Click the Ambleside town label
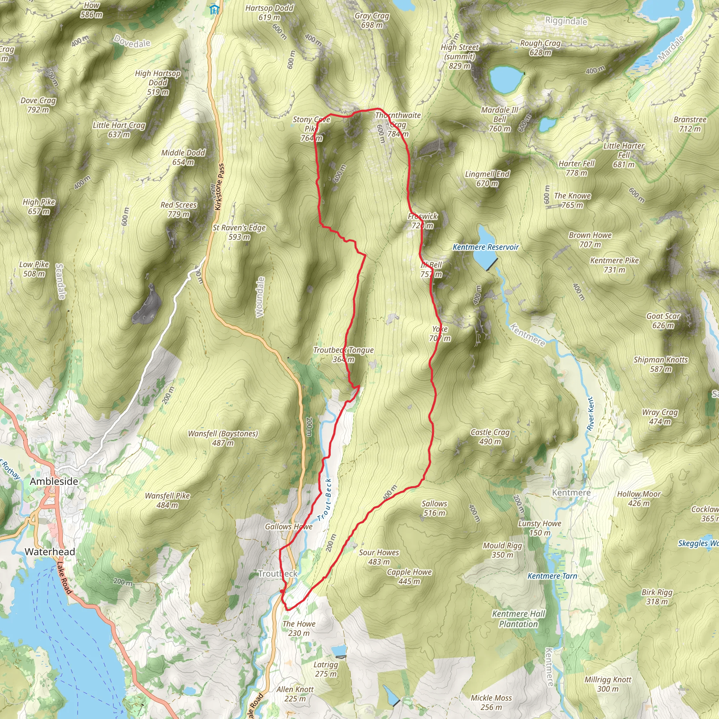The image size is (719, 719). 54,481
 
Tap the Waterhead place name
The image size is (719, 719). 50,552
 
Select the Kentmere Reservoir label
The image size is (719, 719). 485,247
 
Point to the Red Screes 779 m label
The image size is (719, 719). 178,210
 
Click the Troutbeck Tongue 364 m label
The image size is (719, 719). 343,354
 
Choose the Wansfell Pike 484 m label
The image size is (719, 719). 167,500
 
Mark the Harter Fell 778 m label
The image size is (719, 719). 576,168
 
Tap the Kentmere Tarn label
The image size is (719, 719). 552,576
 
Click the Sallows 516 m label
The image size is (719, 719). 434,508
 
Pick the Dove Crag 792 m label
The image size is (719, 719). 38,105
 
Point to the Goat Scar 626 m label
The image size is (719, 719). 663,321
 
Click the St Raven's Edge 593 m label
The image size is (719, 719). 239,232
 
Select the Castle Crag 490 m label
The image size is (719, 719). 490,436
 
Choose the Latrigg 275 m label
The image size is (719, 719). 326,669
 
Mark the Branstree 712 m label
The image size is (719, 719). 690,124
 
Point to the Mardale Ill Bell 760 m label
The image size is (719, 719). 500,119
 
